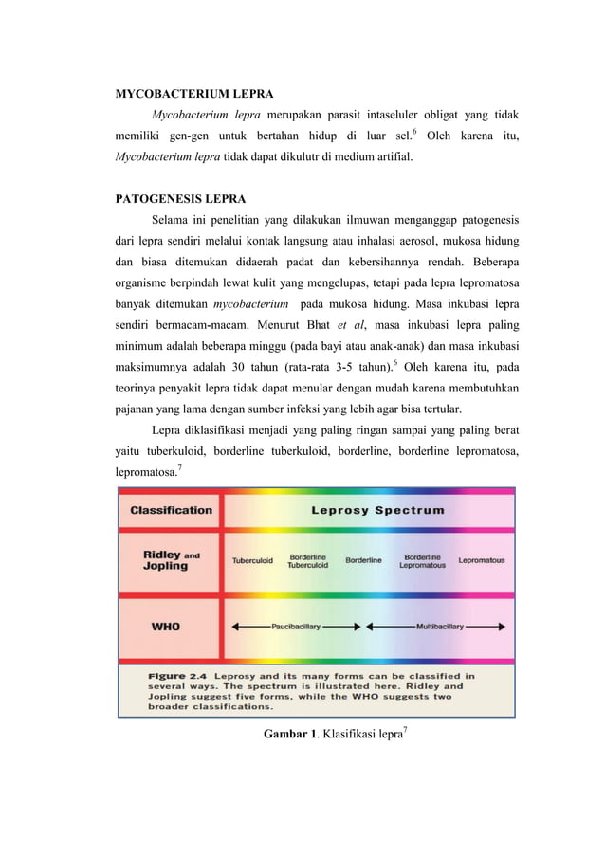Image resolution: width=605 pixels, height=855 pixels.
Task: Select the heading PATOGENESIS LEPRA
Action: [180, 199]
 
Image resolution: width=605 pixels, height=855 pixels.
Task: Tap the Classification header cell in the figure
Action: [171, 510]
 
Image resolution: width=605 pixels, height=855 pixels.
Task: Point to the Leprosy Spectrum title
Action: [377, 510]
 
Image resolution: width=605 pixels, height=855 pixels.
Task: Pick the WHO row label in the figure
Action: [168, 627]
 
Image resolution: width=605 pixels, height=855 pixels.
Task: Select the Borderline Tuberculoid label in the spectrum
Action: [308, 560]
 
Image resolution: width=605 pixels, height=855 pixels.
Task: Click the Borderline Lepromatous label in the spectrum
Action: [422, 560]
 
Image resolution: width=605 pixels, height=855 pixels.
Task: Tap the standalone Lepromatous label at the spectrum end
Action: [482, 560]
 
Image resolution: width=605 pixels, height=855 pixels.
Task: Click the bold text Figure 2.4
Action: [180, 676]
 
